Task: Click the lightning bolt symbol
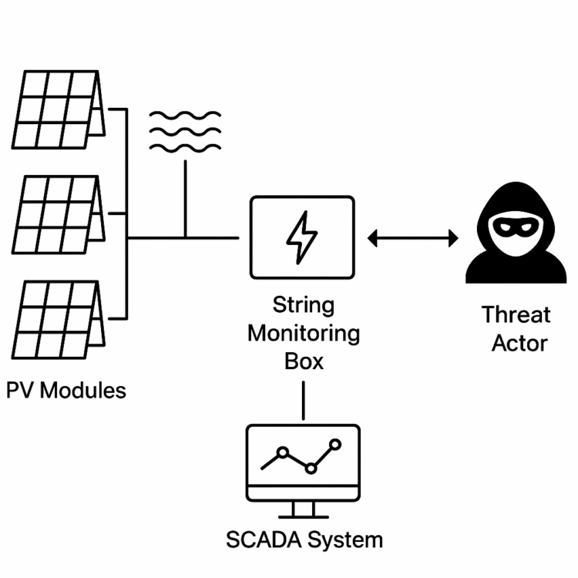(301, 239)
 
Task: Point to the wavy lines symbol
(185, 132)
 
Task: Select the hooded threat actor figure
(516, 236)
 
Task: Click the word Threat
(516, 314)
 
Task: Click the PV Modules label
(66, 390)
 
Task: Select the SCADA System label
(304, 539)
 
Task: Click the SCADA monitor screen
(302, 461)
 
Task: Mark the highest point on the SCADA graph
(334, 444)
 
